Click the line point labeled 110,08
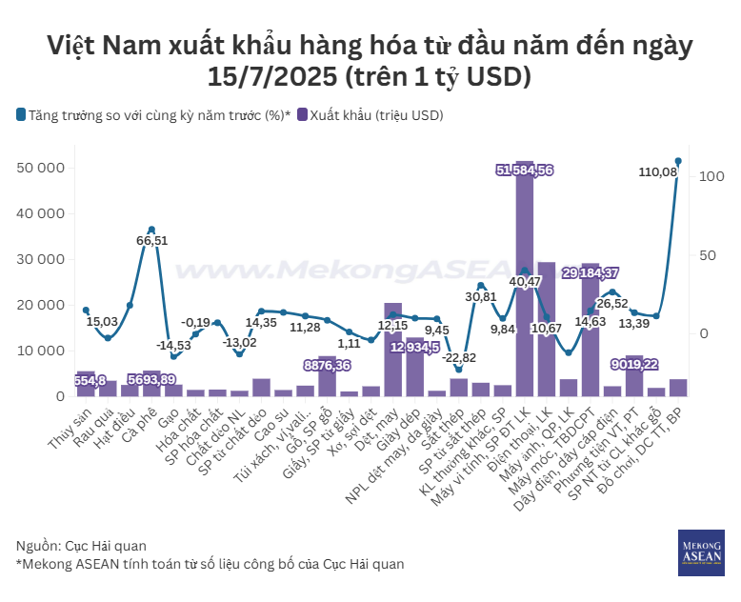[x=678, y=161]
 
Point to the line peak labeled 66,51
[x=151, y=230]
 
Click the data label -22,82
[x=458, y=358]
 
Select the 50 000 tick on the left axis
[x=41, y=169]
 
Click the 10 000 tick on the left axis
[x=41, y=351]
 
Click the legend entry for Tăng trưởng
[x=153, y=115]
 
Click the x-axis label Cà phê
[x=141, y=420]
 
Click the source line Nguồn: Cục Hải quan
[x=82, y=546]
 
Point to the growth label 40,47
[x=525, y=281]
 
